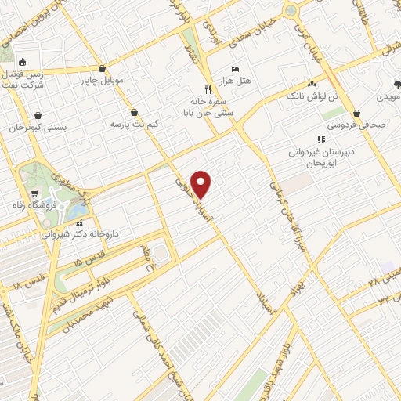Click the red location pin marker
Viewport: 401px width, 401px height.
click(x=202, y=184)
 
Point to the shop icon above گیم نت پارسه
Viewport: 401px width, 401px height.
click(x=135, y=112)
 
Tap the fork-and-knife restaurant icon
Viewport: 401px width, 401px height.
click(x=208, y=89)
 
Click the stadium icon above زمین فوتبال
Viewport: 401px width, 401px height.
click(x=22, y=63)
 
